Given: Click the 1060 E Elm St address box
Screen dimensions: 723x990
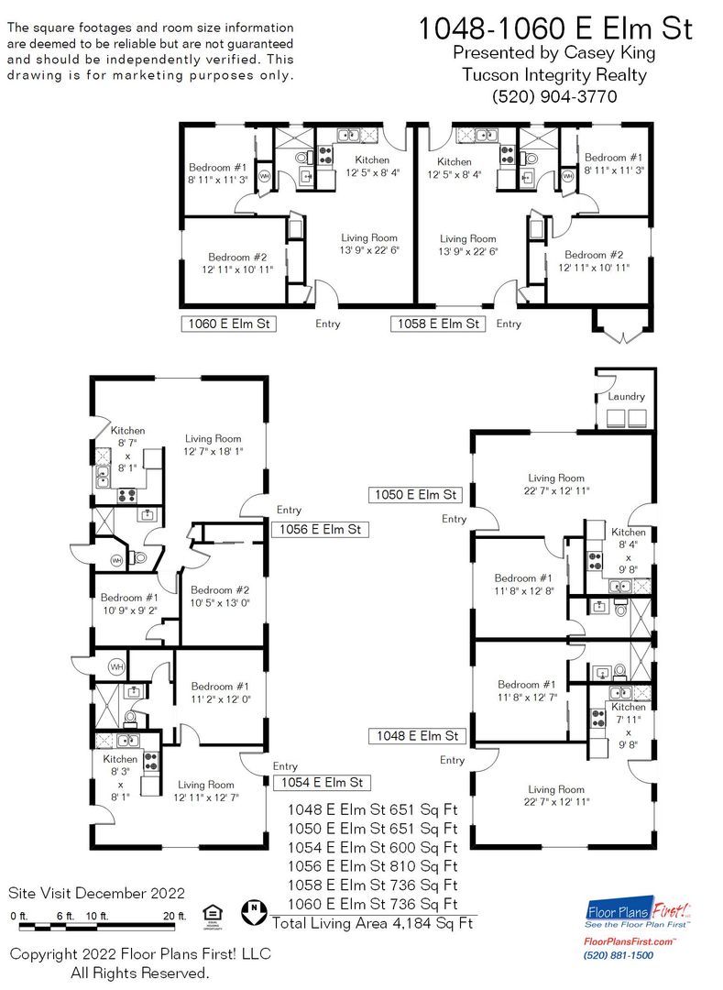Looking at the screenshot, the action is point(229,324).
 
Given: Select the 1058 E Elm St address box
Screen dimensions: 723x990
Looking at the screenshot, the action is point(438,324).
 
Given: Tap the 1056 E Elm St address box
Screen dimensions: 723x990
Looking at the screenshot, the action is point(320,529).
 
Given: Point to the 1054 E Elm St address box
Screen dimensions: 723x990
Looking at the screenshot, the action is point(322,782).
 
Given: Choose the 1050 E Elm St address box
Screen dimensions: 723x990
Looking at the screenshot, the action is point(415,494).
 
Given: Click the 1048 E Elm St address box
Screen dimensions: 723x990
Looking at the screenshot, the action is point(417,735).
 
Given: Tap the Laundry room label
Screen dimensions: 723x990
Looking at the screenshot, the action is point(626,397).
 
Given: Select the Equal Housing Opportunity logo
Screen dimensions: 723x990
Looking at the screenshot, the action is point(213,917).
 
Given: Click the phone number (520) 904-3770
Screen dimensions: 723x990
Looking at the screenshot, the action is point(554,96).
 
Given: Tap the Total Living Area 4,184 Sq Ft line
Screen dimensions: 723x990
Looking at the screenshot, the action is point(372,923).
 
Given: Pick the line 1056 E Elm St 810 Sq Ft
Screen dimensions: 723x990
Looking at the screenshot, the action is point(372,866).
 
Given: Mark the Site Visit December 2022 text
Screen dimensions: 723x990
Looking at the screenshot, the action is point(96,894).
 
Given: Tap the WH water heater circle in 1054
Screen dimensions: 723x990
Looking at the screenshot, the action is point(116,666).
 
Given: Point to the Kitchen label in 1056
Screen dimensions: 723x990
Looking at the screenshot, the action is point(127,431).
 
